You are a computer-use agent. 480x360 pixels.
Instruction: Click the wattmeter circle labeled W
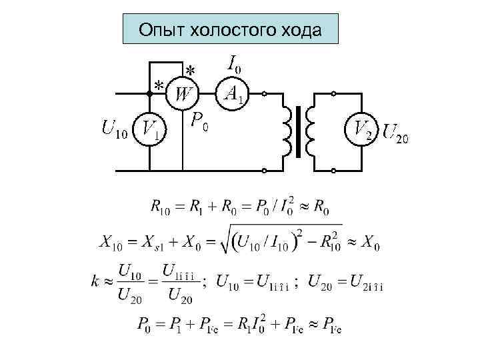[x=182, y=94]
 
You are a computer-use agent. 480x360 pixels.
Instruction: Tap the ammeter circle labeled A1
[x=233, y=94]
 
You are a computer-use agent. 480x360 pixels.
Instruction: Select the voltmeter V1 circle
[x=150, y=130]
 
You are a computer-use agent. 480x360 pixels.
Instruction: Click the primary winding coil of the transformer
[x=289, y=131]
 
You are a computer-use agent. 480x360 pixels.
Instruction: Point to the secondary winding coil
[x=310, y=131]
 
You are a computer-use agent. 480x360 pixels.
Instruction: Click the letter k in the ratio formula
[x=96, y=282]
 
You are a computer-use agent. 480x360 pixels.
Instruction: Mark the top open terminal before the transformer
[x=264, y=95]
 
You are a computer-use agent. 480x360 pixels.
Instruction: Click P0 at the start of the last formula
[x=148, y=325]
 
